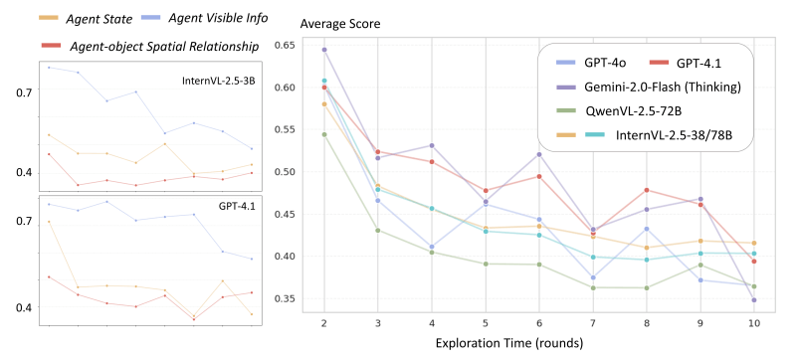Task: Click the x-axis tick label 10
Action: pyautogui.click(x=754, y=322)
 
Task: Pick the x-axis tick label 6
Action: pyautogui.click(x=538, y=322)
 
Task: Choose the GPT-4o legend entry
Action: pyautogui.click(x=598, y=61)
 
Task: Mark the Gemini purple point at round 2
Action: pyautogui.click(x=324, y=50)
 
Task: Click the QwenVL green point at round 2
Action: pyautogui.click(x=324, y=134)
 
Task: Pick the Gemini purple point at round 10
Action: pyautogui.click(x=754, y=299)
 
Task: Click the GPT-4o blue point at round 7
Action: pyautogui.click(x=593, y=278)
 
